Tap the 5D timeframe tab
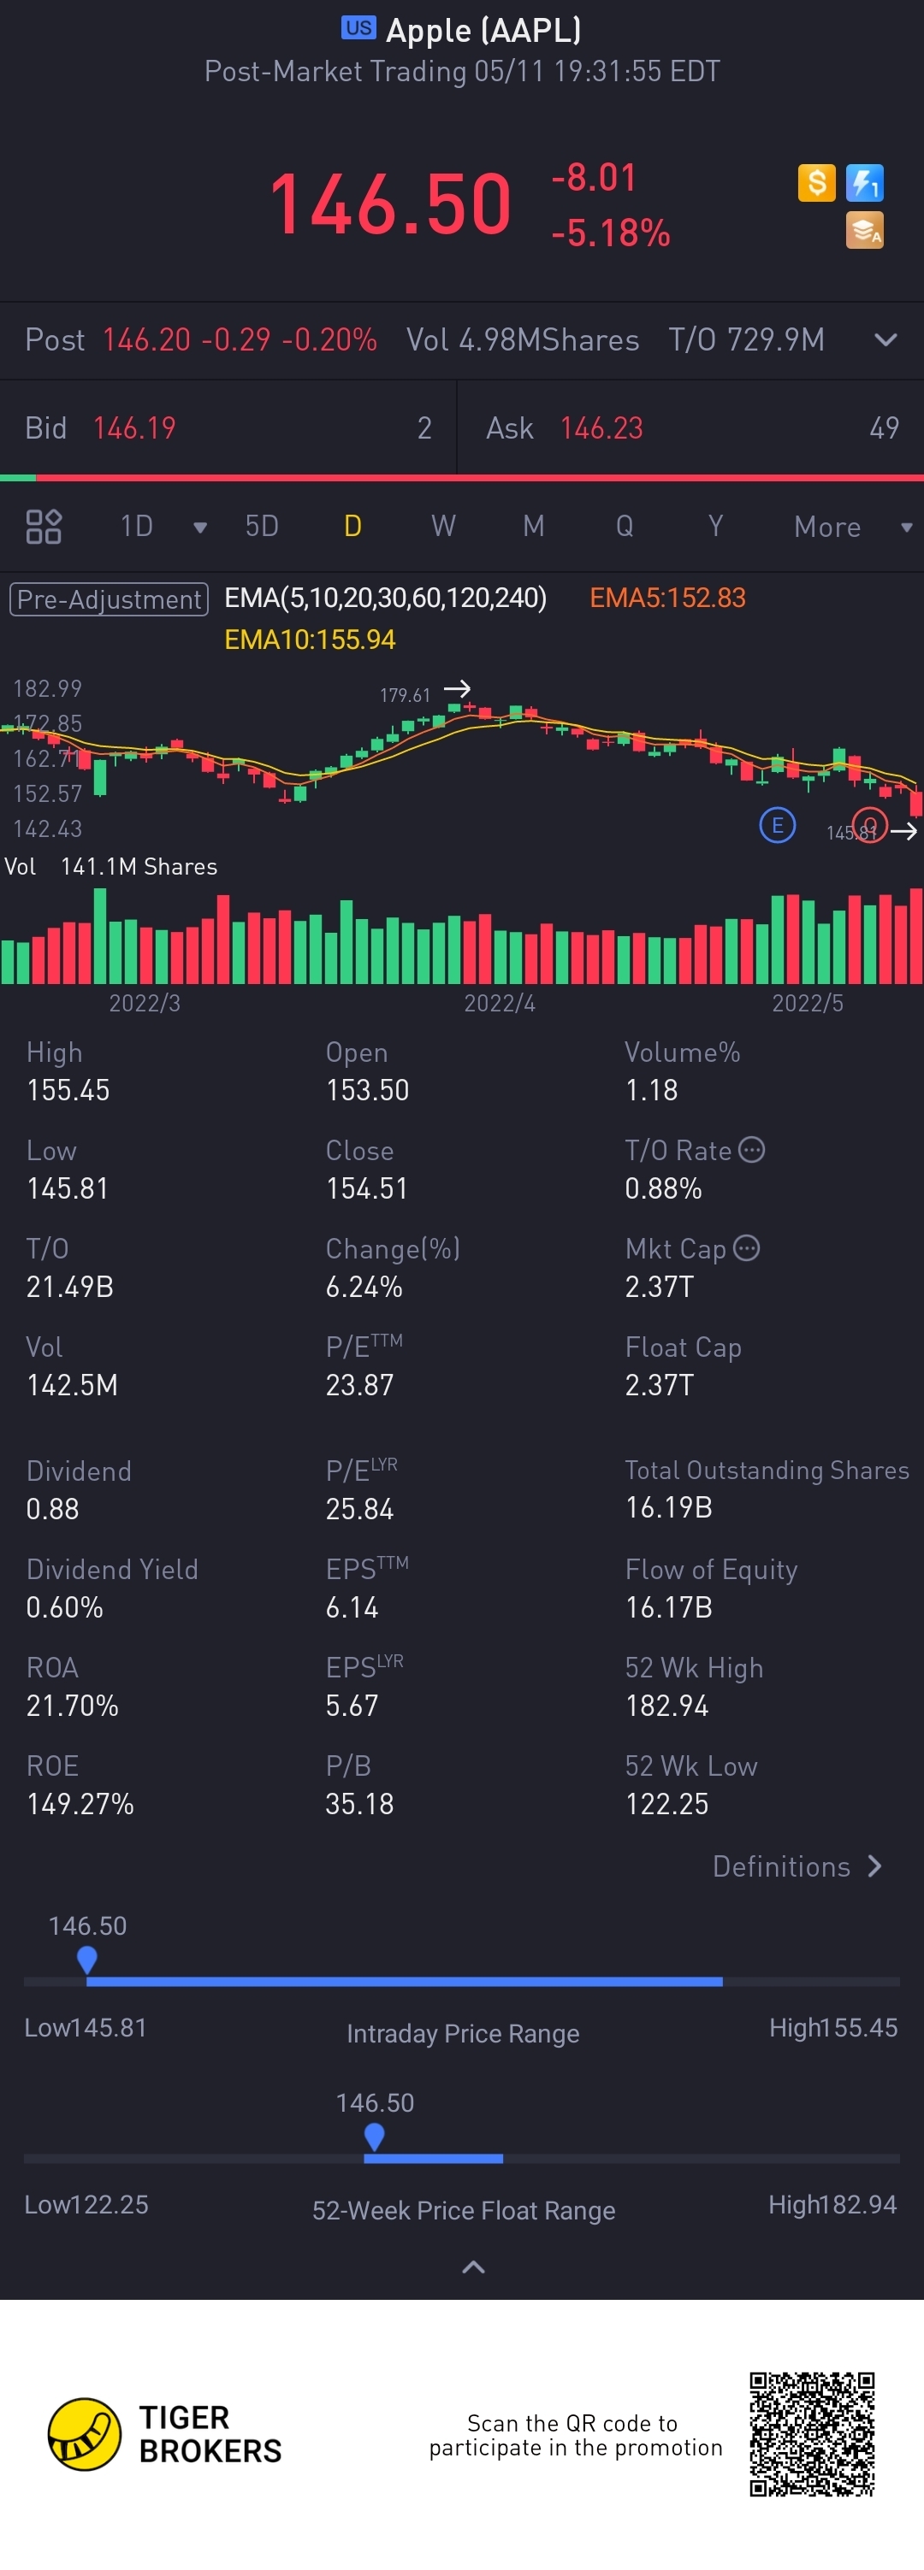(x=262, y=526)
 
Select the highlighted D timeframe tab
(x=352, y=526)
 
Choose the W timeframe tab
(x=443, y=526)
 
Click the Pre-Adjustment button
(x=109, y=598)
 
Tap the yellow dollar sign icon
(x=816, y=183)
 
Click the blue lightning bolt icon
(x=864, y=183)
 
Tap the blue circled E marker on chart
(x=778, y=826)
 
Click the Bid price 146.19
(x=133, y=428)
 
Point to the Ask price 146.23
(x=601, y=428)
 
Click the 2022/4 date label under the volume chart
(x=499, y=1003)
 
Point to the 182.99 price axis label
(x=47, y=688)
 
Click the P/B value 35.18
(x=359, y=1804)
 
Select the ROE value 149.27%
(x=80, y=1804)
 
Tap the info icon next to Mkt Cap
(x=746, y=1248)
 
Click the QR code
(x=812, y=2434)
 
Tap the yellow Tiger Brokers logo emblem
(x=85, y=2434)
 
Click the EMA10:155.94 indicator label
(x=310, y=640)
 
